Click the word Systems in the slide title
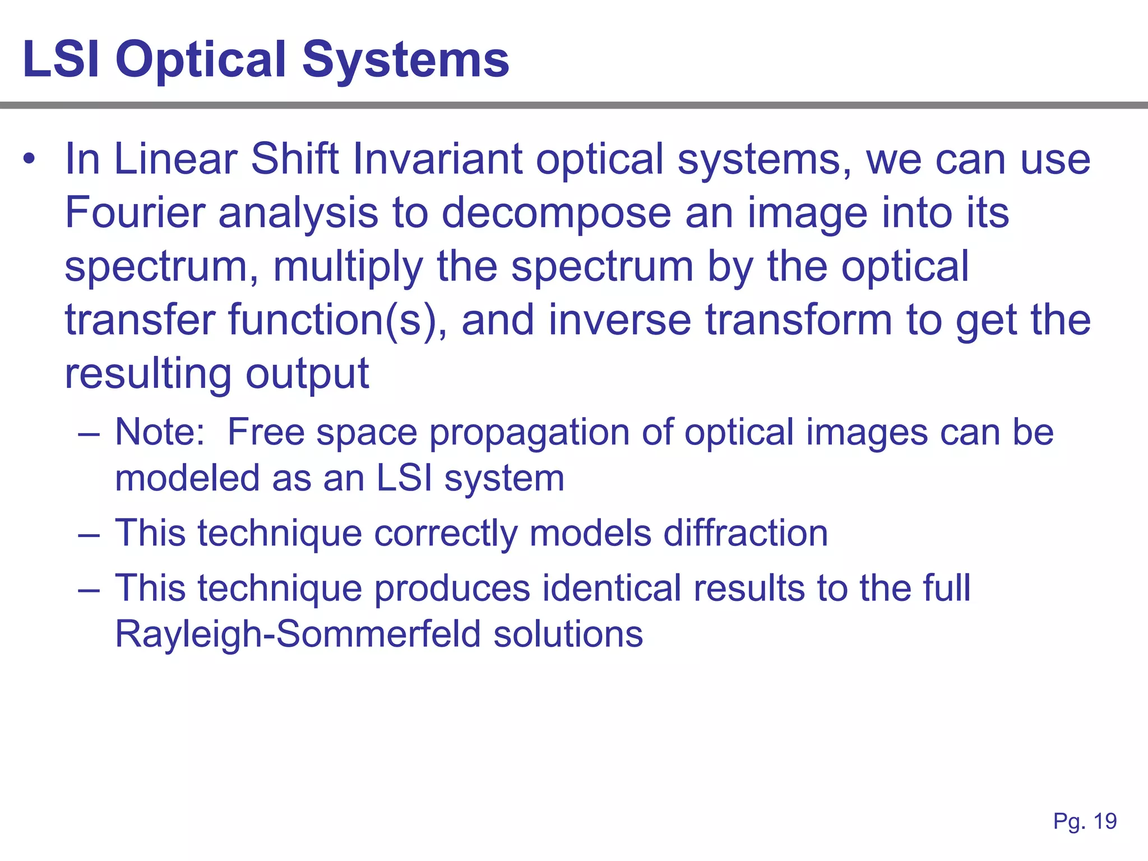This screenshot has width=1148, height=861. point(406,61)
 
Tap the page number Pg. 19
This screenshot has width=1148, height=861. point(1085,821)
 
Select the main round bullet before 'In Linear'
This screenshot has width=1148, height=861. point(29,160)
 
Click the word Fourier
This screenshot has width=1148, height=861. point(135,213)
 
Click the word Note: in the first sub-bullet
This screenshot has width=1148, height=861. point(160,432)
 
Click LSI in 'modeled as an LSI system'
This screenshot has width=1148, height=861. point(404,478)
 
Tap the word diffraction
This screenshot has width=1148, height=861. point(746,533)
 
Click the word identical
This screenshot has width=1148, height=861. point(611,588)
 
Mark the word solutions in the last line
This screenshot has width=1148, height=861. point(568,634)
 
